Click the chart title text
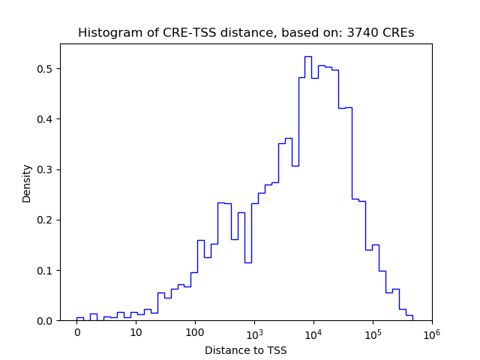point(246,33)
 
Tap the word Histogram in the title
point(106,33)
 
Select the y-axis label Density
point(27,183)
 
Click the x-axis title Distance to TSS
point(246,350)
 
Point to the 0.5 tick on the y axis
point(46,69)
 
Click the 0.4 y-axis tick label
point(46,119)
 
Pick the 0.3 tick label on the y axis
point(46,169)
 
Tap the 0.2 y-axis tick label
point(46,220)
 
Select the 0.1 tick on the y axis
point(46,270)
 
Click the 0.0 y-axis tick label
point(46,321)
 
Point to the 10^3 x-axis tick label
point(254,332)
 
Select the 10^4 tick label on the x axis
point(313,332)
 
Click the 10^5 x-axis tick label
point(373,332)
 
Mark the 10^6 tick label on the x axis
point(431,332)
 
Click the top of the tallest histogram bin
point(307,56)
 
